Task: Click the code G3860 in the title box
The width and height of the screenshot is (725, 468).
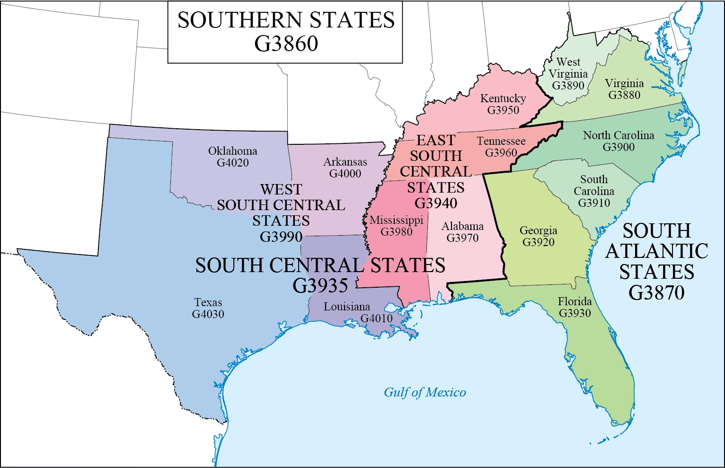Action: coord(286,44)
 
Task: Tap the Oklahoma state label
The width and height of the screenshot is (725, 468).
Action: coord(232,151)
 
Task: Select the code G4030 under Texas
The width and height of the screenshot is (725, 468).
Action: coord(208,314)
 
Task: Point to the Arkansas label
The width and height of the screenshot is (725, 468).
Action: coord(345,162)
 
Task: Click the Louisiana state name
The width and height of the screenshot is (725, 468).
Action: coord(346,307)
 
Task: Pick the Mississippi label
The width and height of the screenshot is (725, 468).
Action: coord(396,220)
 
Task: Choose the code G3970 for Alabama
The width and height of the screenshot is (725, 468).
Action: coord(462,238)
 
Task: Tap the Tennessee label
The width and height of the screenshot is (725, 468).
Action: coord(501,141)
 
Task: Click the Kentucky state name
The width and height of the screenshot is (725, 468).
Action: coord(503,98)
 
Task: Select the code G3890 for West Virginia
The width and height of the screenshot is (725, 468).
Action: coord(568,86)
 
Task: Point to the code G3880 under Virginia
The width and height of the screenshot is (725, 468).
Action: coord(624,95)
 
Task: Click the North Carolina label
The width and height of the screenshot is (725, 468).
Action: coord(618,135)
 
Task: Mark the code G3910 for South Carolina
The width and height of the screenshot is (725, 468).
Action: coord(594,203)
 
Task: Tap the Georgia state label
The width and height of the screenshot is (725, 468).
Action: coord(538,230)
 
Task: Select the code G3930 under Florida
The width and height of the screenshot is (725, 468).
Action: coord(575,313)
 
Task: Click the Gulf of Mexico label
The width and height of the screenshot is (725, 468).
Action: coord(424,392)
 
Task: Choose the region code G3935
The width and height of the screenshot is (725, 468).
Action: coord(320,285)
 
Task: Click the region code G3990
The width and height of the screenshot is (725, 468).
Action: coord(281,236)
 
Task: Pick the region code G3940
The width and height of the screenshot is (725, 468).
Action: coord(435,203)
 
